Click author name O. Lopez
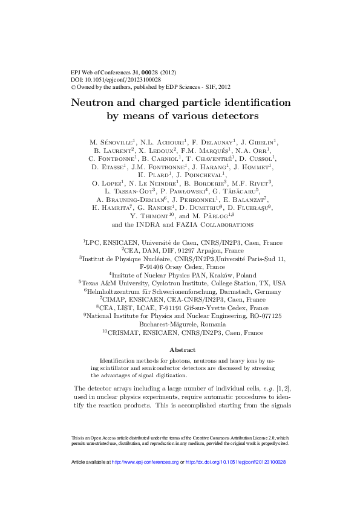pyautogui.click(x=108, y=183)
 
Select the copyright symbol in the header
pyautogui.click(x=73, y=87)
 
